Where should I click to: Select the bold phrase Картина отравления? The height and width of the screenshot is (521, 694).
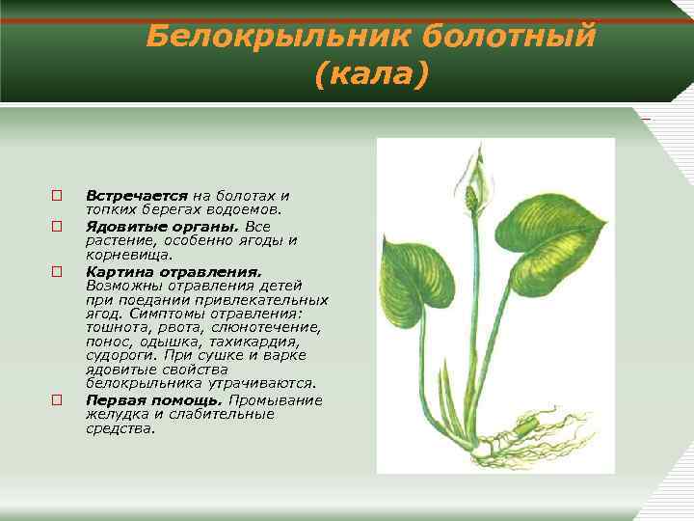point(173,273)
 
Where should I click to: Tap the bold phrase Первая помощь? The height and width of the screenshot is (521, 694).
point(153,400)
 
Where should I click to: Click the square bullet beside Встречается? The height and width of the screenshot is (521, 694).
point(57,196)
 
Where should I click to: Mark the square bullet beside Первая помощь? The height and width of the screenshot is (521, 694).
point(57,400)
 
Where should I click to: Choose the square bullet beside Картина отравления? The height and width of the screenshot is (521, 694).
point(57,273)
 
